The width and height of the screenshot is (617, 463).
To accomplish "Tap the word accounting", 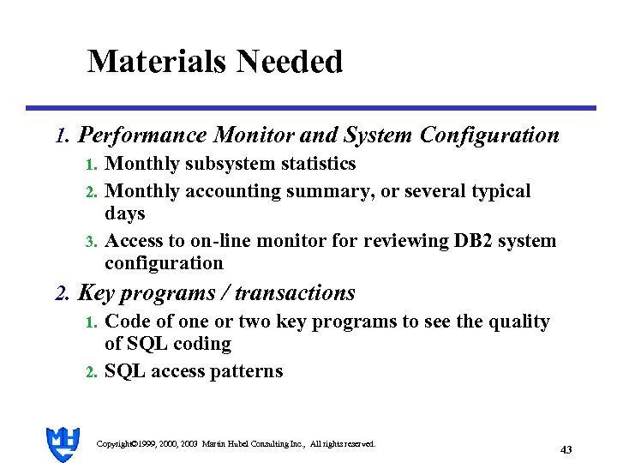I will pyautogui.click(x=225, y=192).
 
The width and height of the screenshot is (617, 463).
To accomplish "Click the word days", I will pyautogui.click(x=125, y=214).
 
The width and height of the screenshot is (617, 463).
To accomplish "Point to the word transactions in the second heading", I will pyautogui.click(x=295, y=293).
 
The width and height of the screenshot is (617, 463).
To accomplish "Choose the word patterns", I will pyautogui.click(x=249, y=372).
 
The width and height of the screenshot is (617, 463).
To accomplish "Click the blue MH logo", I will pyautogui.click(x=63, y=443).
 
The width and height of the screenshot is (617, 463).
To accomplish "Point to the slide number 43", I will pyautogui.click(x=565, y=449).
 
